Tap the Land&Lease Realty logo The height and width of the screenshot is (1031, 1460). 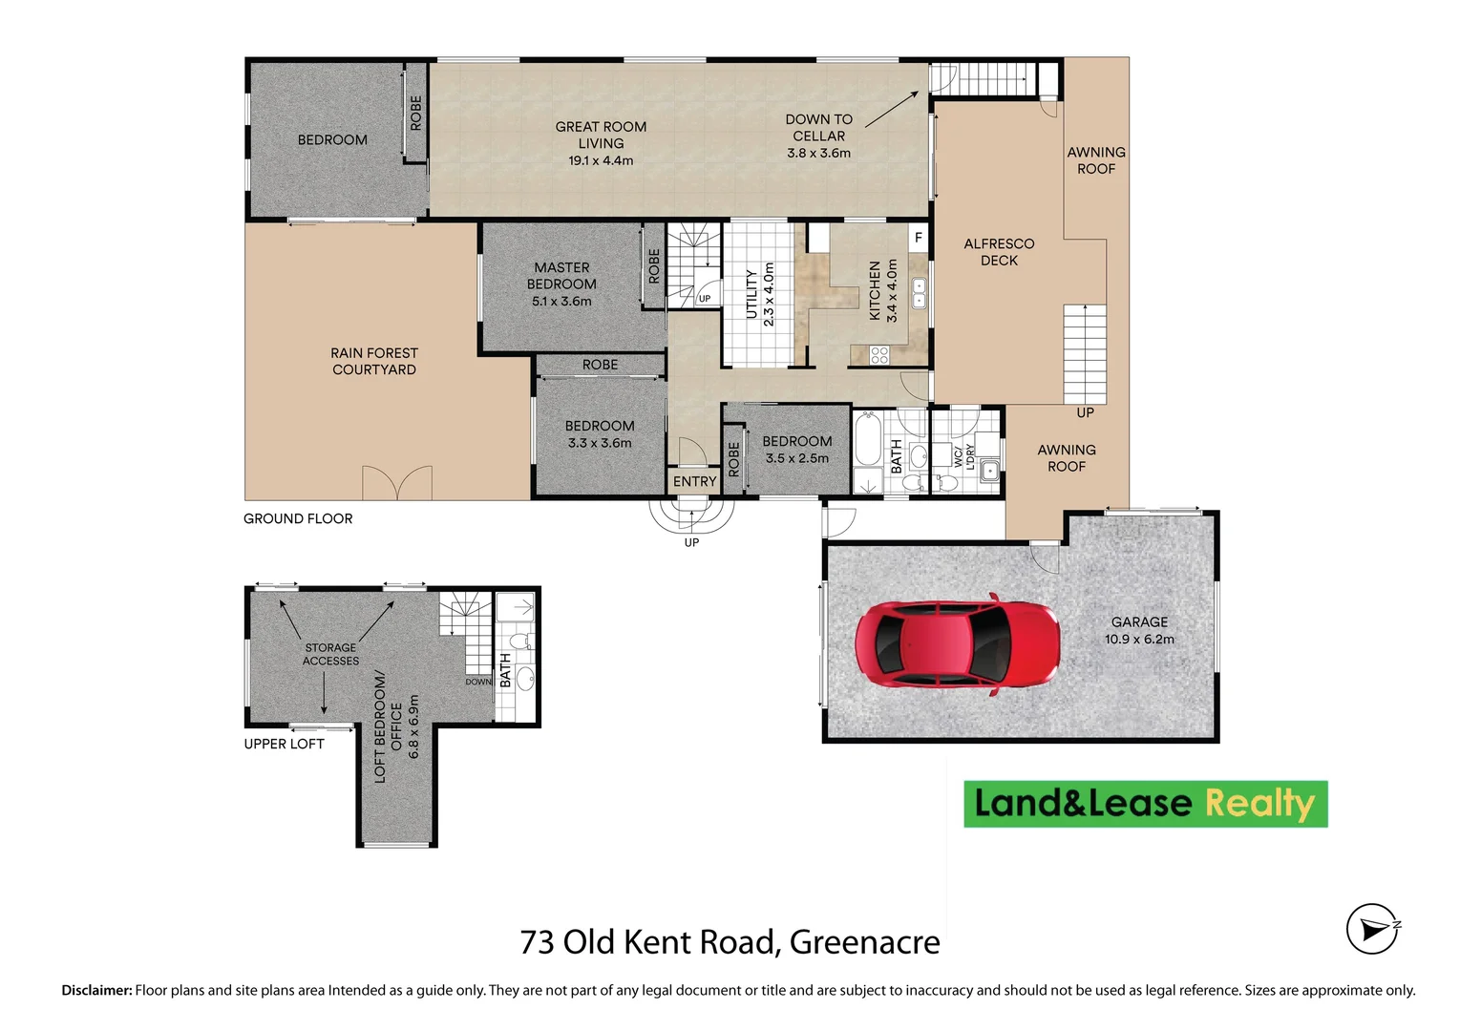(x=1145, y=804)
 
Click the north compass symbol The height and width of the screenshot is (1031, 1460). (x=1372, y=929)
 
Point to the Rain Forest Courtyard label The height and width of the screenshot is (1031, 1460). (x=374, y=361)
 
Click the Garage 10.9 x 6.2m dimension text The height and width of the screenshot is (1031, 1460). (x=1139, y=640)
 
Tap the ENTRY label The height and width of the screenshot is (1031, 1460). (x=694, y=482)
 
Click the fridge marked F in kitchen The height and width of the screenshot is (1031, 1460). (x=918, y=238)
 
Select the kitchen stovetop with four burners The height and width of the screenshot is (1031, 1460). (x=879, y=355)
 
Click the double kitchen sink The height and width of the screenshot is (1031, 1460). (x=919, y=293)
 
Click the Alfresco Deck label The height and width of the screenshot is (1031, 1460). (x=999, y=252)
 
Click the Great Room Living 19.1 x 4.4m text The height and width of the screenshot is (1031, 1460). (x=601, y=143)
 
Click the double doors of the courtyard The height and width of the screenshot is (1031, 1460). (x=396, y=483)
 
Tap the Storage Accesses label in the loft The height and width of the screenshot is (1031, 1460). (x=330, y=654)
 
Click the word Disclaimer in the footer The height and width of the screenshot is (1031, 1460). (x=96, y=991)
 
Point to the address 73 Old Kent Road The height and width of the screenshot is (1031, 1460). (x=730, y=942)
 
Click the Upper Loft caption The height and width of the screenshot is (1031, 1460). (x=284, y=744)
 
